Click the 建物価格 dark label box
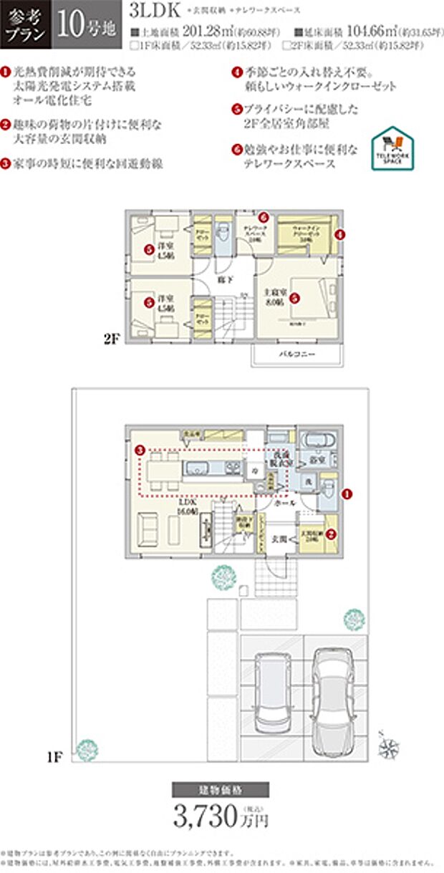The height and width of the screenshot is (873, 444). point(221,790)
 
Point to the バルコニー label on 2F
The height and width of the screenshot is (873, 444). point(295,354)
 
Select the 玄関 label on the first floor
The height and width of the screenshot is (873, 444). point(279,538)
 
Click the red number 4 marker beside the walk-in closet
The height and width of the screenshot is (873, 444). point(340,233)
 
